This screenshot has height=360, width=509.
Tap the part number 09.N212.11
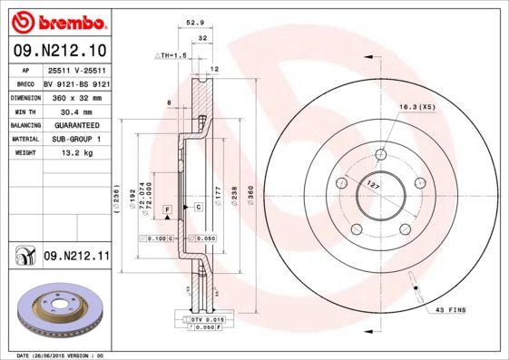(76, 258)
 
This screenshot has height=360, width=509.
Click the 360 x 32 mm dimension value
(78, 96)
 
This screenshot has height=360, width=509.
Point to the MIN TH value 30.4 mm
(78, 110)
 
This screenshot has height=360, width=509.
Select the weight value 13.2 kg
(78, 153)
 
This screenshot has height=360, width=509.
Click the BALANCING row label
(24, 124)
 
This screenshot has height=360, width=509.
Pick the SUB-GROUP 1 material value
(78, 139)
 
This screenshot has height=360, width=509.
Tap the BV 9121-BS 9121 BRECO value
(78, 82)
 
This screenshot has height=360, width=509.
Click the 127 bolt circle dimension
(372, 185)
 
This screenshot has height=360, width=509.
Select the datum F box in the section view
(168, 209)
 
